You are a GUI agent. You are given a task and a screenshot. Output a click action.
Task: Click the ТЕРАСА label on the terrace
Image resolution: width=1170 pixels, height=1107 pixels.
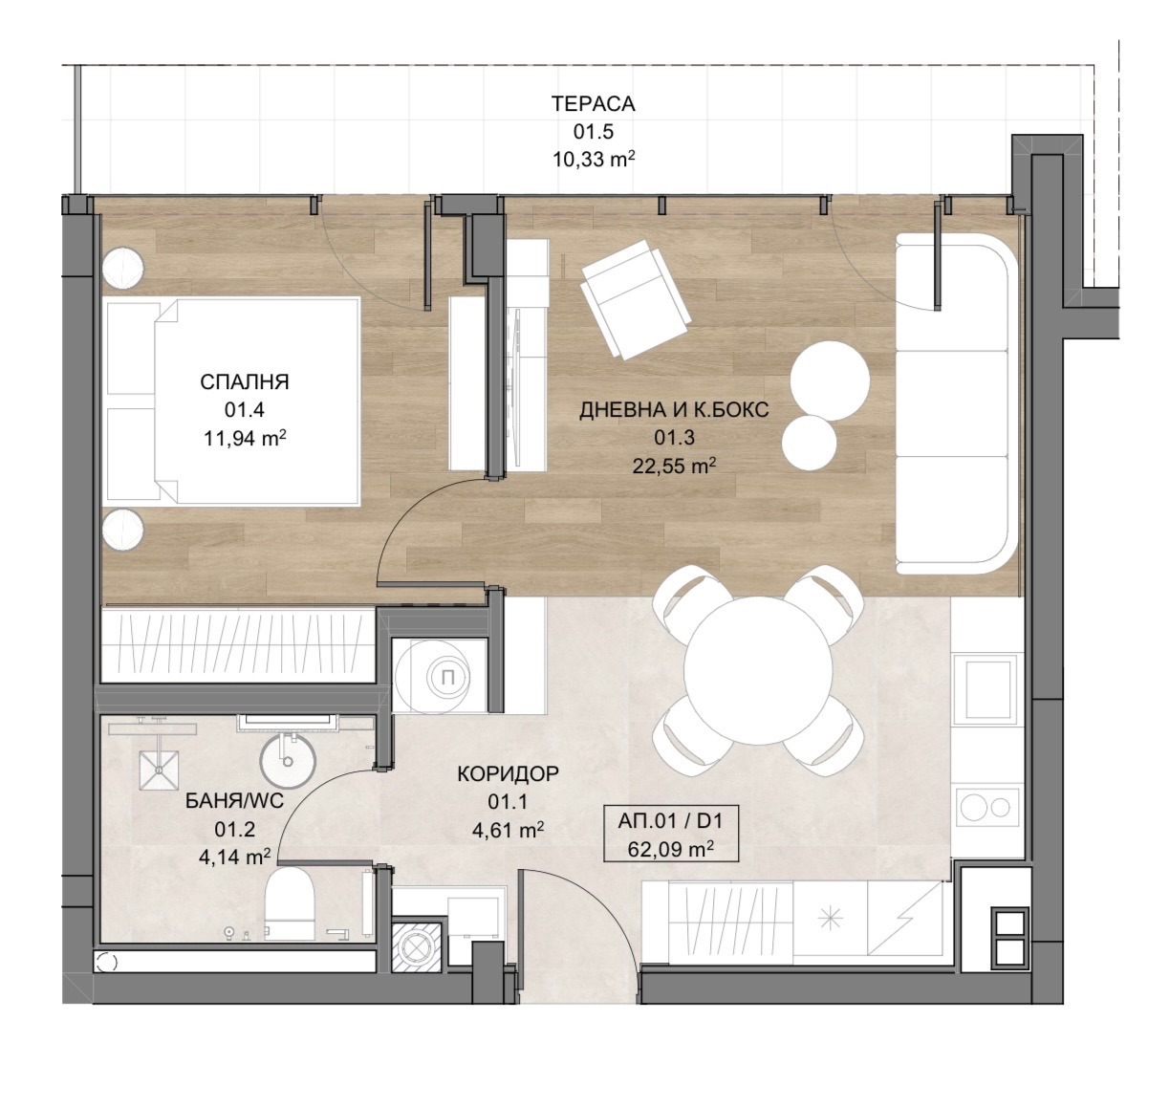[x=593, y=104]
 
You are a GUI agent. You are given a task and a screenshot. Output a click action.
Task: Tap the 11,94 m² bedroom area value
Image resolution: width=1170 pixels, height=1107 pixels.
[x=245, y=439]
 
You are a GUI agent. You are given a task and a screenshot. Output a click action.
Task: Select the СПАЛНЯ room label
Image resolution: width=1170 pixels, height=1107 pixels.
[x=245, y=382]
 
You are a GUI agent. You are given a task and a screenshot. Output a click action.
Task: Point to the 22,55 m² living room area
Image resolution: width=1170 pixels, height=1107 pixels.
[x=674, y=466]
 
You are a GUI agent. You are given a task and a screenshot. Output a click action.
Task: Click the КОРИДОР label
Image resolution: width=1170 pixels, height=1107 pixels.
[x=508, y=773]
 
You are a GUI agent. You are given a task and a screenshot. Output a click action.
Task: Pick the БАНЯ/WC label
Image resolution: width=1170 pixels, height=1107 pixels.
[x=234, y=801]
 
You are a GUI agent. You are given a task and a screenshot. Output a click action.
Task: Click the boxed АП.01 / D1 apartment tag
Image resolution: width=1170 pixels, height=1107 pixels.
[x=671, y=834]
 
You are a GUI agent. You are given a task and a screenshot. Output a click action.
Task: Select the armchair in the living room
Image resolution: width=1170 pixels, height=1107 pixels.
[x=637, y=299]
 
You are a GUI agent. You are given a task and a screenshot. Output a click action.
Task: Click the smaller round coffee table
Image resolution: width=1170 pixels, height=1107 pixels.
[x=809, y=442]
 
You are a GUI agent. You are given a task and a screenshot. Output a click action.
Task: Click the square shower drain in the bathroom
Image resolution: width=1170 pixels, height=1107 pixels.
[x=159, y=770]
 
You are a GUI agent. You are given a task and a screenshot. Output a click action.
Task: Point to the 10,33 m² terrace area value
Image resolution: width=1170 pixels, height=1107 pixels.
[x=593, y=160]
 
